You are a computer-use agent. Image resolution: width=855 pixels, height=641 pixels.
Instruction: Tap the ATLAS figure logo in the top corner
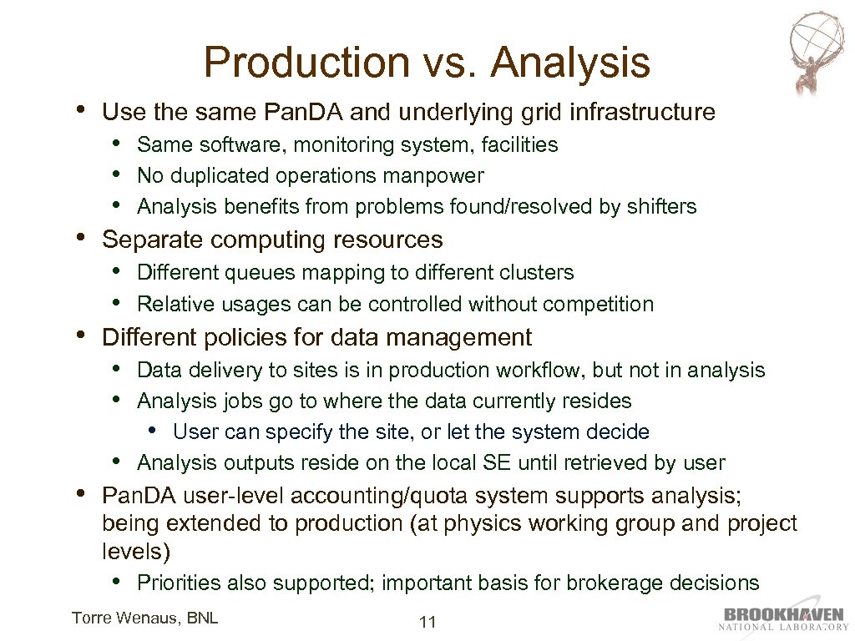point(816,52)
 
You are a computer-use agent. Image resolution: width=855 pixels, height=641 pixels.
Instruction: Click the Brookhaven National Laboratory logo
point(784,618)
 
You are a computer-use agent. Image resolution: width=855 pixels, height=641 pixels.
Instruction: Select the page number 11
point(427,622)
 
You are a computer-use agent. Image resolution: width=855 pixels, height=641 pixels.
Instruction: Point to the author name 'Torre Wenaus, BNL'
point(144,618)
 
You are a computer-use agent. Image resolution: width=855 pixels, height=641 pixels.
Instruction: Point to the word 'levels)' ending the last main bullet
point(136,552)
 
